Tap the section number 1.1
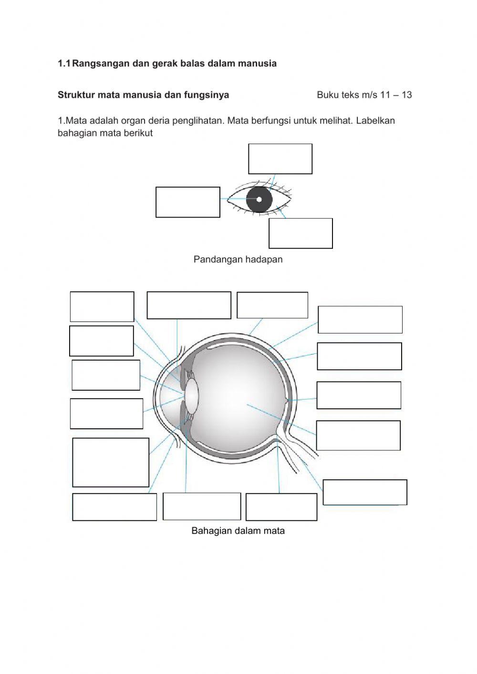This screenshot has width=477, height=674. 64,63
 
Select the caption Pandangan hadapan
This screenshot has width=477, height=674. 238,259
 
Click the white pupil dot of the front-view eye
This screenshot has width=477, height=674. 259,199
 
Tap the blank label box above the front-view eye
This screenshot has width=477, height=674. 280,159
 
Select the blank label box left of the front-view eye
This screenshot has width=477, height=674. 188,202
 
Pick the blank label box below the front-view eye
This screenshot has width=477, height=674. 301,234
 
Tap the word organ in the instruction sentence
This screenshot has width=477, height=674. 133,122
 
